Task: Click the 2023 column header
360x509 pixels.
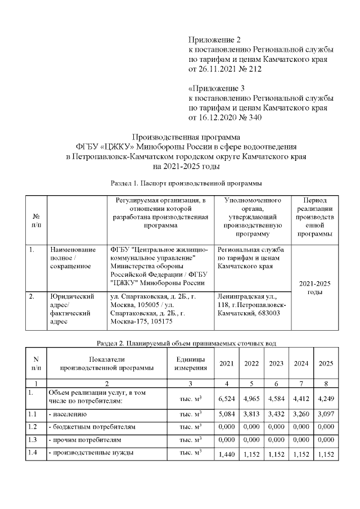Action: click(x=276, y=363)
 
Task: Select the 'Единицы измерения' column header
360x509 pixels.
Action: click(x=190, y=363)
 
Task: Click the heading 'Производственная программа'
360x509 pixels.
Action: click(x=186, y=137)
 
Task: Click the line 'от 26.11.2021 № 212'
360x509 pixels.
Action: click(x=224, y=69)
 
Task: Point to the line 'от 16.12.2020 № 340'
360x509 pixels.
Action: click(x=224, y=118)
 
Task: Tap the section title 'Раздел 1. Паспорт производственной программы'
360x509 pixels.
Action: click(x=186, y=183)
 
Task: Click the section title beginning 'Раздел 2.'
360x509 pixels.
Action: click(x=186, y=343)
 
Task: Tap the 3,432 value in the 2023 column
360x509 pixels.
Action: click(x=276, y=415)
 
